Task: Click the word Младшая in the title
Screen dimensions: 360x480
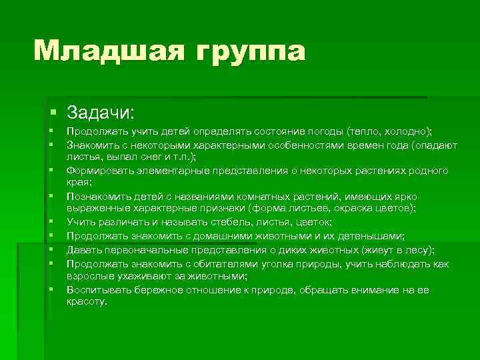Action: coord(104,51)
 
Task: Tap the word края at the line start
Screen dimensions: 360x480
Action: coord(77,182)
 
